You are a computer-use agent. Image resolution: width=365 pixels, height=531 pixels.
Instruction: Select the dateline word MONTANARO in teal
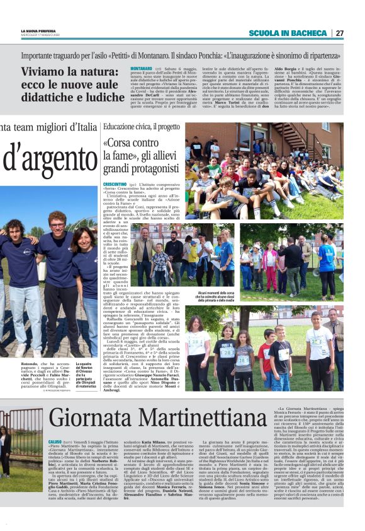[142, 67]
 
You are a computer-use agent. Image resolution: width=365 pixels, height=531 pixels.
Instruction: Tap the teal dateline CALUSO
[55, 442]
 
